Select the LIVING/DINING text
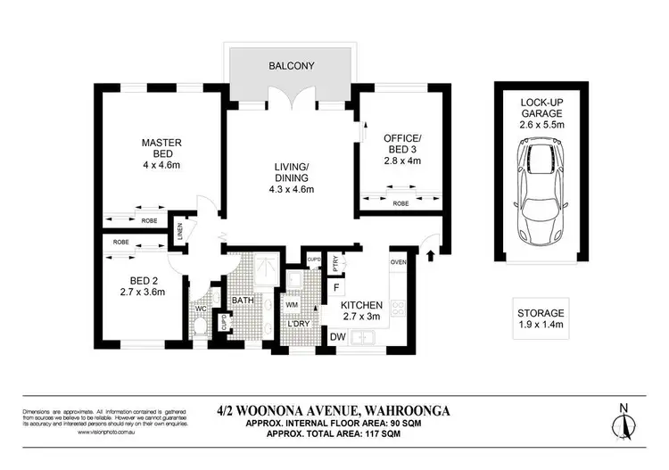coord(291,167)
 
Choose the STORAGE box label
coord(541,313)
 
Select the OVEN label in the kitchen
coord(398,262)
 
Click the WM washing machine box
coord(293,304)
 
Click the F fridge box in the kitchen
coord(336,287)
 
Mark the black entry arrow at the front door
coord(432,257)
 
